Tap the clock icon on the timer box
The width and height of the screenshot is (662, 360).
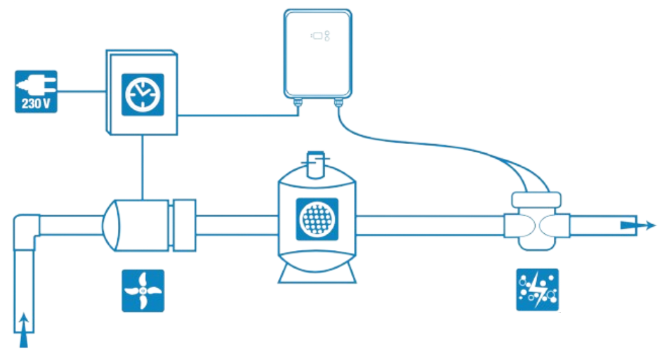142,94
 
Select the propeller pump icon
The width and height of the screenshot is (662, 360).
143,290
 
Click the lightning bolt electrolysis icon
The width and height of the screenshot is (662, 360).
537,290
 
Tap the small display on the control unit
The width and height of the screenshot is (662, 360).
316,36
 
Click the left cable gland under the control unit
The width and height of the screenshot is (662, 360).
297,101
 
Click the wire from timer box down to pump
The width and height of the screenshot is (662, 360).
143,167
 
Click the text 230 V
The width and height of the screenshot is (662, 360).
36,102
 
